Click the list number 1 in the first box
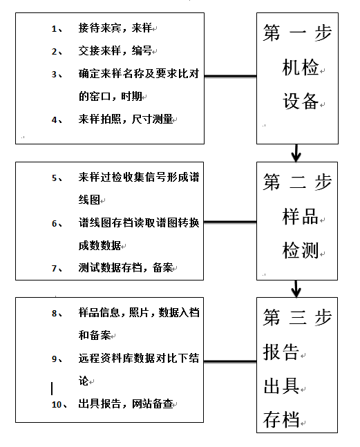point(54,29)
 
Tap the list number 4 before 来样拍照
point(54,120)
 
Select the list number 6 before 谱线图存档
point(55,224)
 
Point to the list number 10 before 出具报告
point(57,405)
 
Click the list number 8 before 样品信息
point(55,314)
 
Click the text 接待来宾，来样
point(115,28)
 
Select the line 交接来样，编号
point(115,50)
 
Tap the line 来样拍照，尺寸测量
point(126,119)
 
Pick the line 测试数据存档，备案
point(126,267)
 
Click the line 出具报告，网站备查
point(126,403)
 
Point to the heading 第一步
point(297,32)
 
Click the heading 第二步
point(297,182)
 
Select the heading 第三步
point(297,317)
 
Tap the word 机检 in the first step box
point(301,68)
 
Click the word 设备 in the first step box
point(301,101)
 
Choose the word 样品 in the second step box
point(301,217)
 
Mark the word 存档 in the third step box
point(281,419)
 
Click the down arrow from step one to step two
point(296,153)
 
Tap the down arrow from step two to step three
point(296,289)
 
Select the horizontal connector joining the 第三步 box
point(230,361)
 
